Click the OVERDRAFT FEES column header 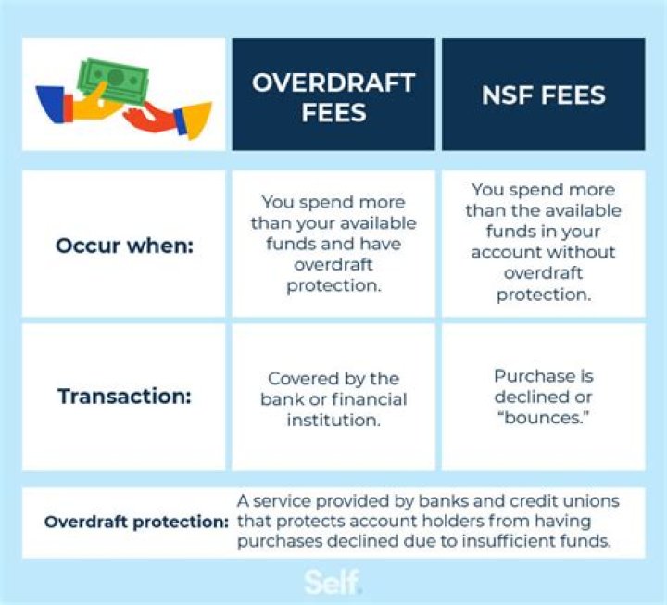(x=333, y=95)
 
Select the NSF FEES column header (x=543, y=95)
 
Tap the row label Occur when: (x=123, y=246)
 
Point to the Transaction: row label (x=123, y=397)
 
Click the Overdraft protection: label (x=136, y=522)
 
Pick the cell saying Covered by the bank (x=333, y=399)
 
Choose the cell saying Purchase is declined (x=543, y=397)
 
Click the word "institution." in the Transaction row (x=333, y=420)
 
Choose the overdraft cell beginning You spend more (x=333, y=244)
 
